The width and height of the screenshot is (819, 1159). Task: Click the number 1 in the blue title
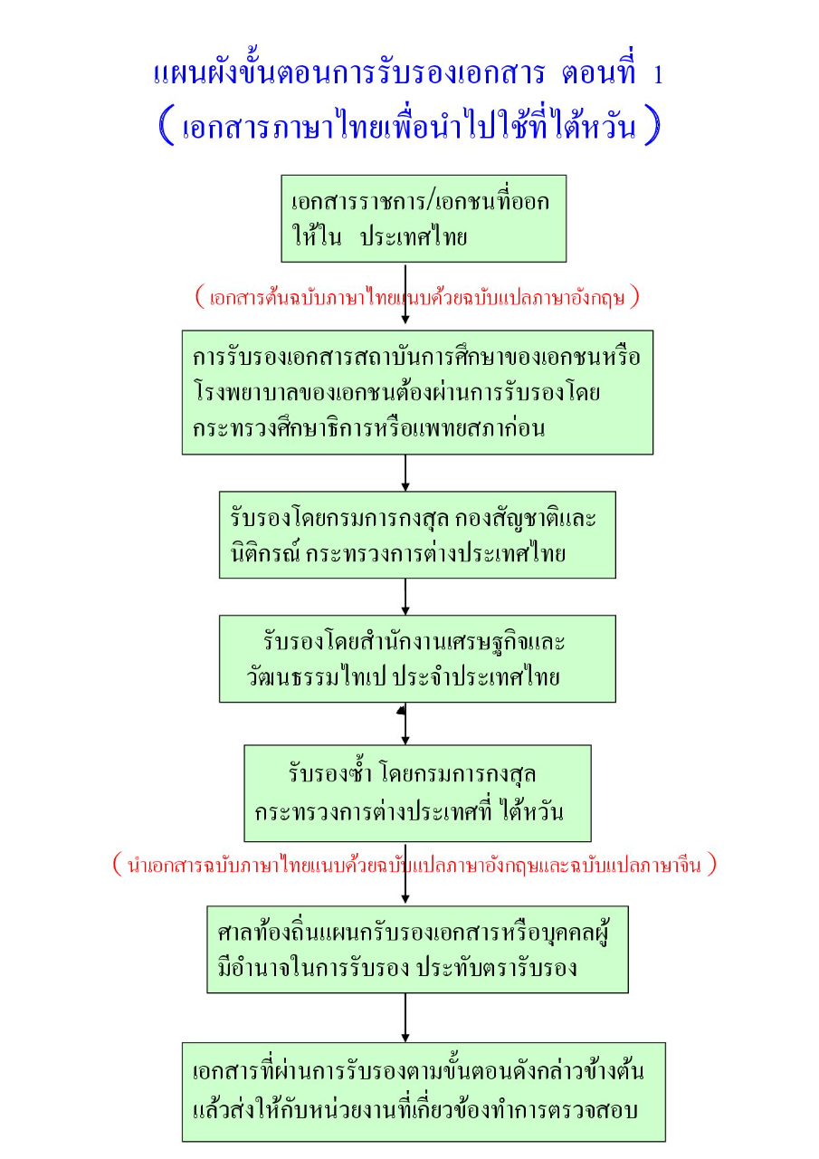pyautogui.click(x=657, y=74)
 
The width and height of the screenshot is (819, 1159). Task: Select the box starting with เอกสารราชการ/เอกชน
pyautogui.click(x=423, y=218)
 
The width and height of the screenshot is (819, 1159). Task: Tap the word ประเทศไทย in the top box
pyautogui.click(x=413, y=238)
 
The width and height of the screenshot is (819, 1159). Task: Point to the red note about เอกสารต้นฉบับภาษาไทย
pyautogui.click(x=417, y=297)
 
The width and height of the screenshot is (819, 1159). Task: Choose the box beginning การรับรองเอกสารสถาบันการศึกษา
pyautogui.click(x=417, y=391)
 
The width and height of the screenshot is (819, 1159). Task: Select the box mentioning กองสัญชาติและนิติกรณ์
pyautogui.click(x=417, y=534)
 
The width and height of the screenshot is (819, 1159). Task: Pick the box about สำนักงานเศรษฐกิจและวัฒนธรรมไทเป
pyautogui.click(x=417, y=658)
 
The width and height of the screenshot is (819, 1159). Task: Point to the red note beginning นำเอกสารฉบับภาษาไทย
pyautogui.click(x=415, y=865)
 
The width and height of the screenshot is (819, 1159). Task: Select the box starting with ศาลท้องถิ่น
pyautogui.click(x=417, y=949)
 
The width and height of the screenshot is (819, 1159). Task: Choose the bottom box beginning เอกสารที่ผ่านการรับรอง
pyautogui.click(x=423, y=1091)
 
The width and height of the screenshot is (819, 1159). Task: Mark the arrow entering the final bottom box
pyautogui.click(x=405, y=1018)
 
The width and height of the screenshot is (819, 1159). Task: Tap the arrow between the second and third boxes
pyautogui.click(x=405, y=473)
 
